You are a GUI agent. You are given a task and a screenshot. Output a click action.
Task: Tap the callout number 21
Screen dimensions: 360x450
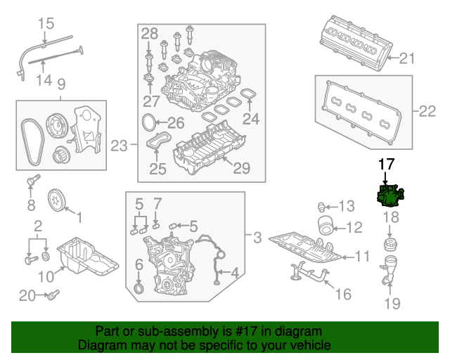pyautogui.click(x=408, y=59)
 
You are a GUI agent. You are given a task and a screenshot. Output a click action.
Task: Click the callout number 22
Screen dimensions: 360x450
pyautogui.click(x=427, y=110)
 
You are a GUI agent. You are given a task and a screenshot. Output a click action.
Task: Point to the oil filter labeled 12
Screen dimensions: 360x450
pyautogui.click(x=326, y=227)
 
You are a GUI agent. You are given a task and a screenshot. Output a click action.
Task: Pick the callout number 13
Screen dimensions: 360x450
pyautogui.click(x=347, y=206)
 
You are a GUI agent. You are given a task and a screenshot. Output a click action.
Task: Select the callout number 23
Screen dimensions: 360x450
pyautogui.click(x=120, y=146)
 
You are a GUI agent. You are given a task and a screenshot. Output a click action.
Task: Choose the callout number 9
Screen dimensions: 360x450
pyautogui.click(x=61, y=84)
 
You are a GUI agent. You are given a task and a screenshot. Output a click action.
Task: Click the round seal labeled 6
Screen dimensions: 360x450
pyautogui.click(x=140, y=289)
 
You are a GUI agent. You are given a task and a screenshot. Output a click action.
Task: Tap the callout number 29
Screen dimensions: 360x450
pyautogui.click(x=241, y=169)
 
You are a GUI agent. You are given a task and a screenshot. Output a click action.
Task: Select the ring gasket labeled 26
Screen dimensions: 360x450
pyautogui.click(x=148, y=123)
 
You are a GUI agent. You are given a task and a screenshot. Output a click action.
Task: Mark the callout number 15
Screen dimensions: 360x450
pyautogui.click(x=45, y=24)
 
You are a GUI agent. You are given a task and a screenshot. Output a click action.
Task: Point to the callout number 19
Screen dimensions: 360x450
pyautogui.click(x=392, y=304)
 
